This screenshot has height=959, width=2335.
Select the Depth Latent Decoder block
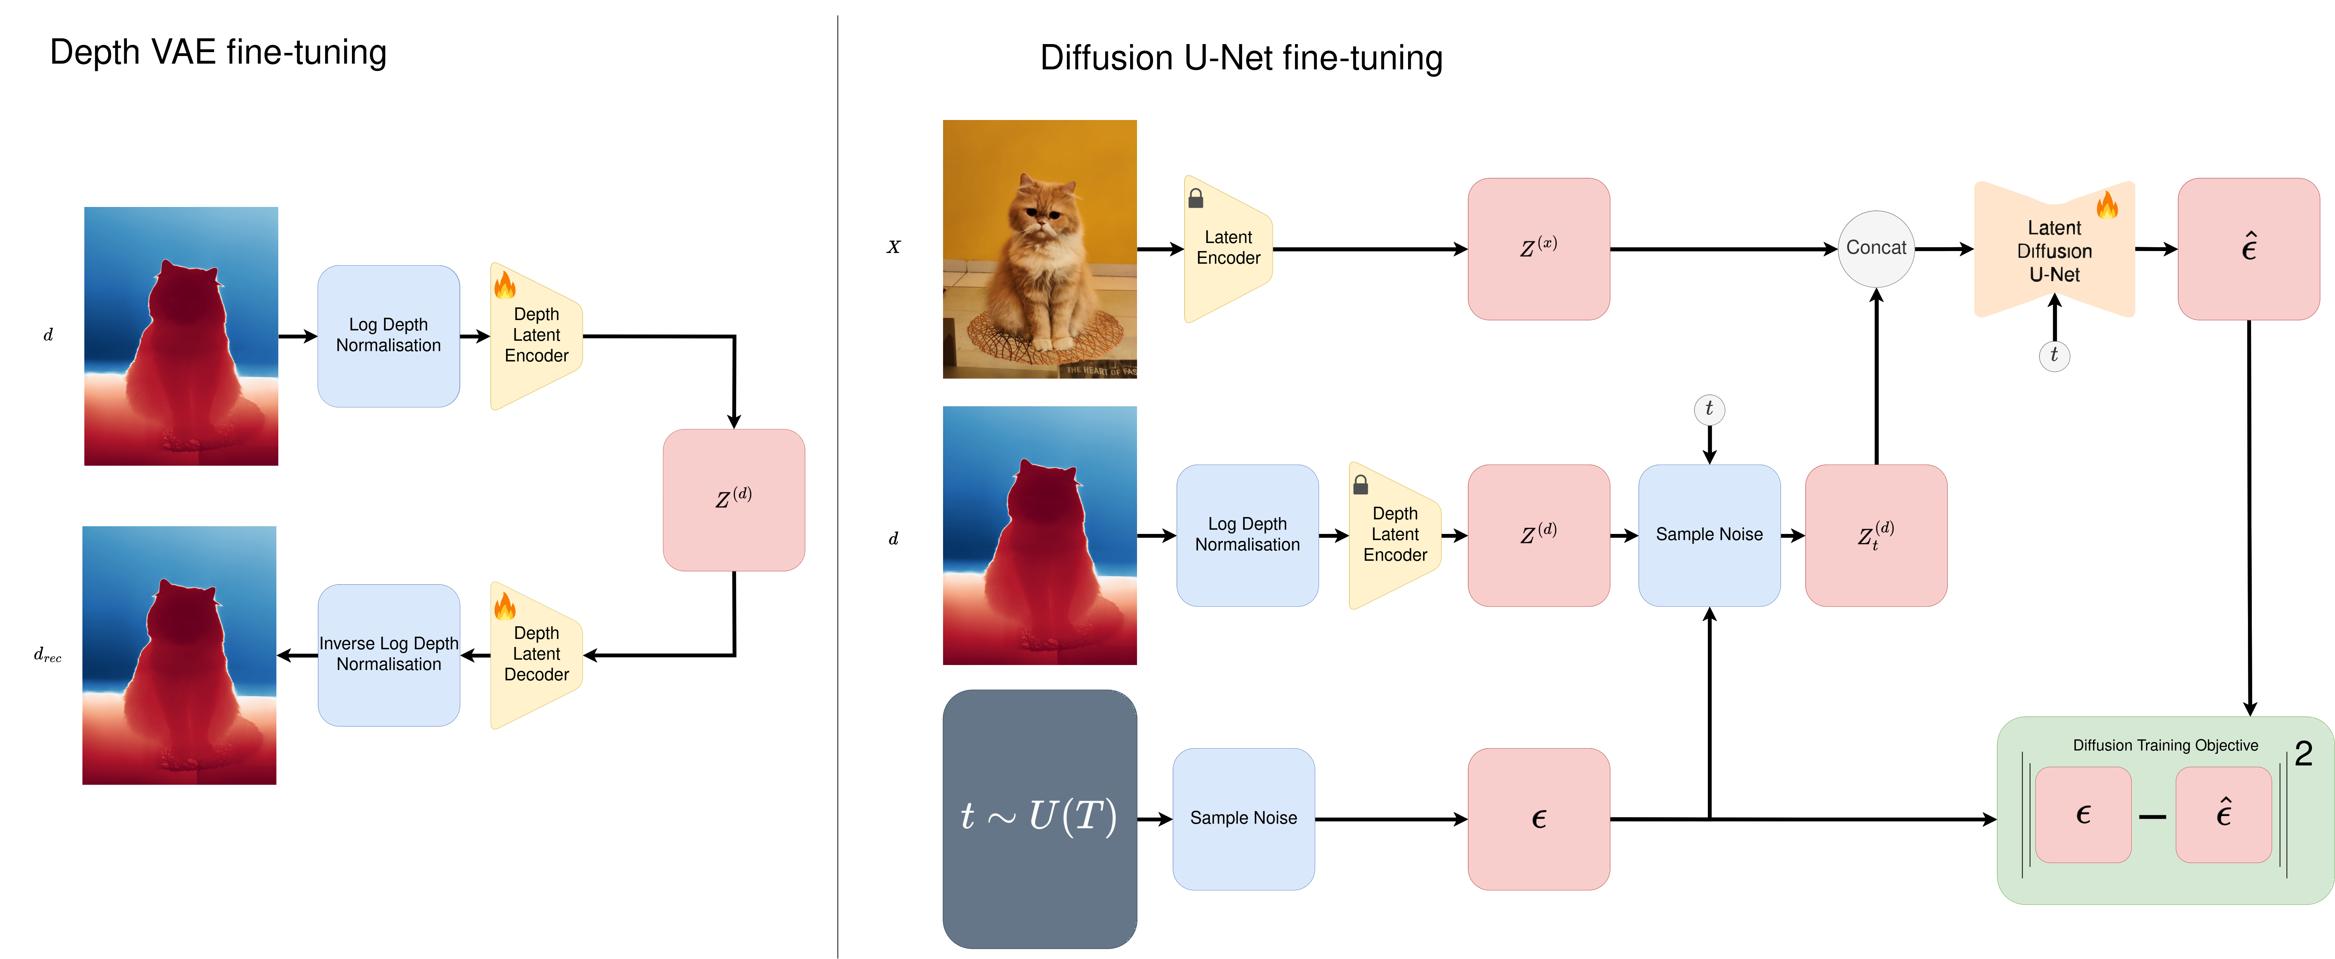(x=536, y=654)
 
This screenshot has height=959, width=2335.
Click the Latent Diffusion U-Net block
(x=2054, y=250)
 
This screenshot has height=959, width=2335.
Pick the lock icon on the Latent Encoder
(x=1196, y=198)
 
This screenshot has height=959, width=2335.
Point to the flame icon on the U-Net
(x=2108, y=205)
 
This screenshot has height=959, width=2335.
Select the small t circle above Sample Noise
(x=1709, y=409)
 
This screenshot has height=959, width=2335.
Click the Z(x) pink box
(x=1538, y=248)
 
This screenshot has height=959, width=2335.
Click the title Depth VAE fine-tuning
(x=219, y=53)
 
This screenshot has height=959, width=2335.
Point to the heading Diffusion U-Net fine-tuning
(x=1241, y=58)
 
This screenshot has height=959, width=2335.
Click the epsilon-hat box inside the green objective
(x=2223, y=814)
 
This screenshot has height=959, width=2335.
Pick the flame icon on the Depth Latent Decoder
(x=505, y=606)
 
